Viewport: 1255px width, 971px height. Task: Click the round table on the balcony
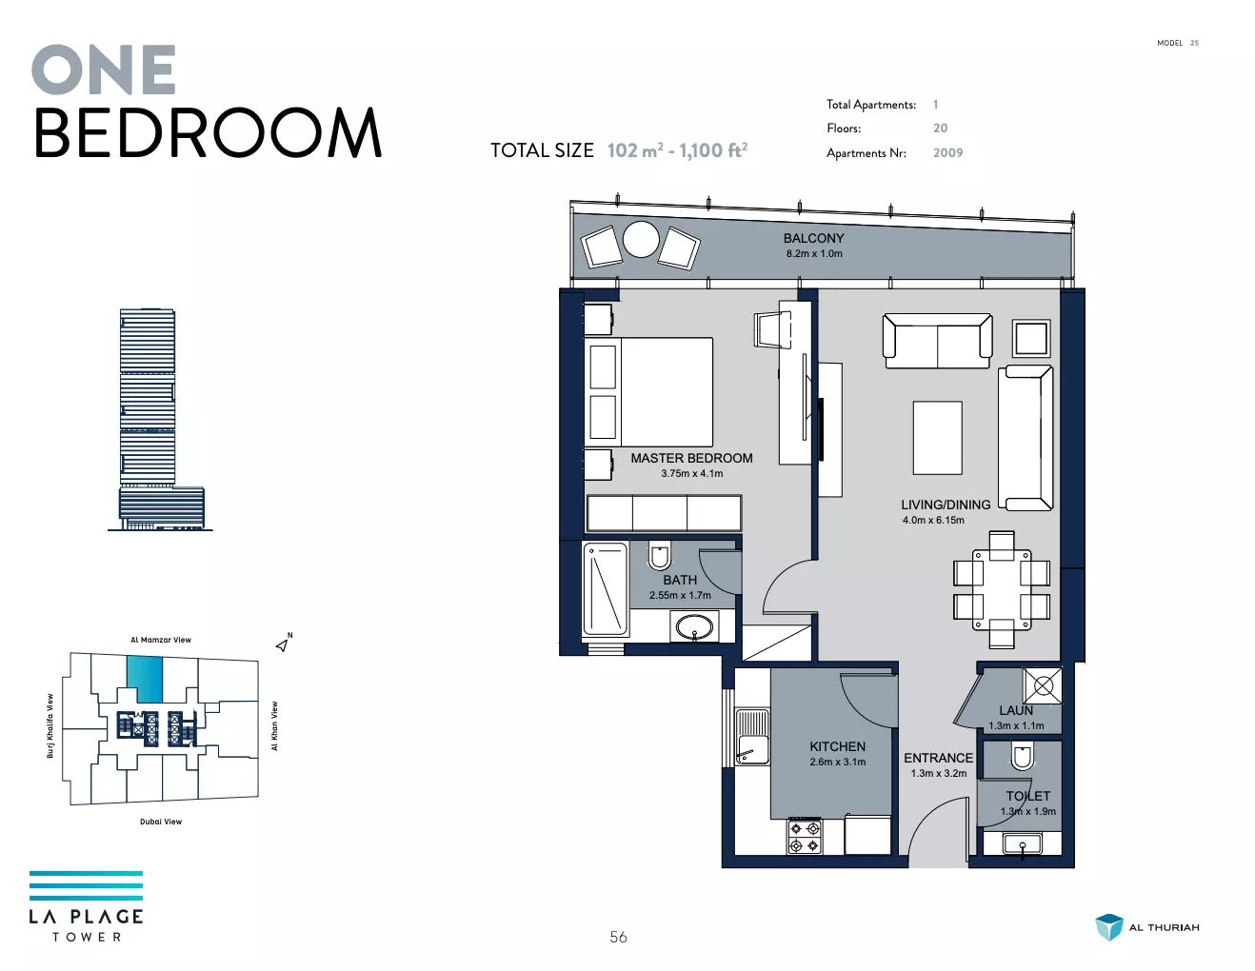coord(641,240)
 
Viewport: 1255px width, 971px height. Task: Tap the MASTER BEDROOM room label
coord(691,458)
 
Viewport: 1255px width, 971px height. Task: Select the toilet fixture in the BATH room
coord(659,555)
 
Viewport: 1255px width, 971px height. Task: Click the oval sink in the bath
coord(694,625)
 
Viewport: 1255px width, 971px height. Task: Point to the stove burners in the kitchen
coord(805,837)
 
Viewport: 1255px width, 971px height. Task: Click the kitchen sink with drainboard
coord(752,736)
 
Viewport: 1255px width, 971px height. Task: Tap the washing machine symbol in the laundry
coord(1043,686)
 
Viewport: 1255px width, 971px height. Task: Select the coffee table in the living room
coord(937,438)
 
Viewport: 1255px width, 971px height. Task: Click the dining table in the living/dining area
coord(1001,589)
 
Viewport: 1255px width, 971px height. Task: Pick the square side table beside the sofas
coord(1031,338)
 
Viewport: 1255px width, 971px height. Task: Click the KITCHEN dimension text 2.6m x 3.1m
coord(837,762)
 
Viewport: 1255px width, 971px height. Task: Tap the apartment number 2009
coord(947,153)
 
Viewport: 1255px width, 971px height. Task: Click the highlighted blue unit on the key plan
coord(145,680)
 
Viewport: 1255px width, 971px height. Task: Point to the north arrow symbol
coord(282,644)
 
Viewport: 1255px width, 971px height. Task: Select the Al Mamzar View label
coord(161,640)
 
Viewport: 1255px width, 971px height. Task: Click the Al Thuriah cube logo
coord(1109,926)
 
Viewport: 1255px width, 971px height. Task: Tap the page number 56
coord(618,937)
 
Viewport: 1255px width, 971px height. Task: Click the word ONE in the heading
coord(104,69)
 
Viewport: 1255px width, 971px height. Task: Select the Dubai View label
coord(161,822)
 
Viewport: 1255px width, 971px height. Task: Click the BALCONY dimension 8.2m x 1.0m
coord(814,253)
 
